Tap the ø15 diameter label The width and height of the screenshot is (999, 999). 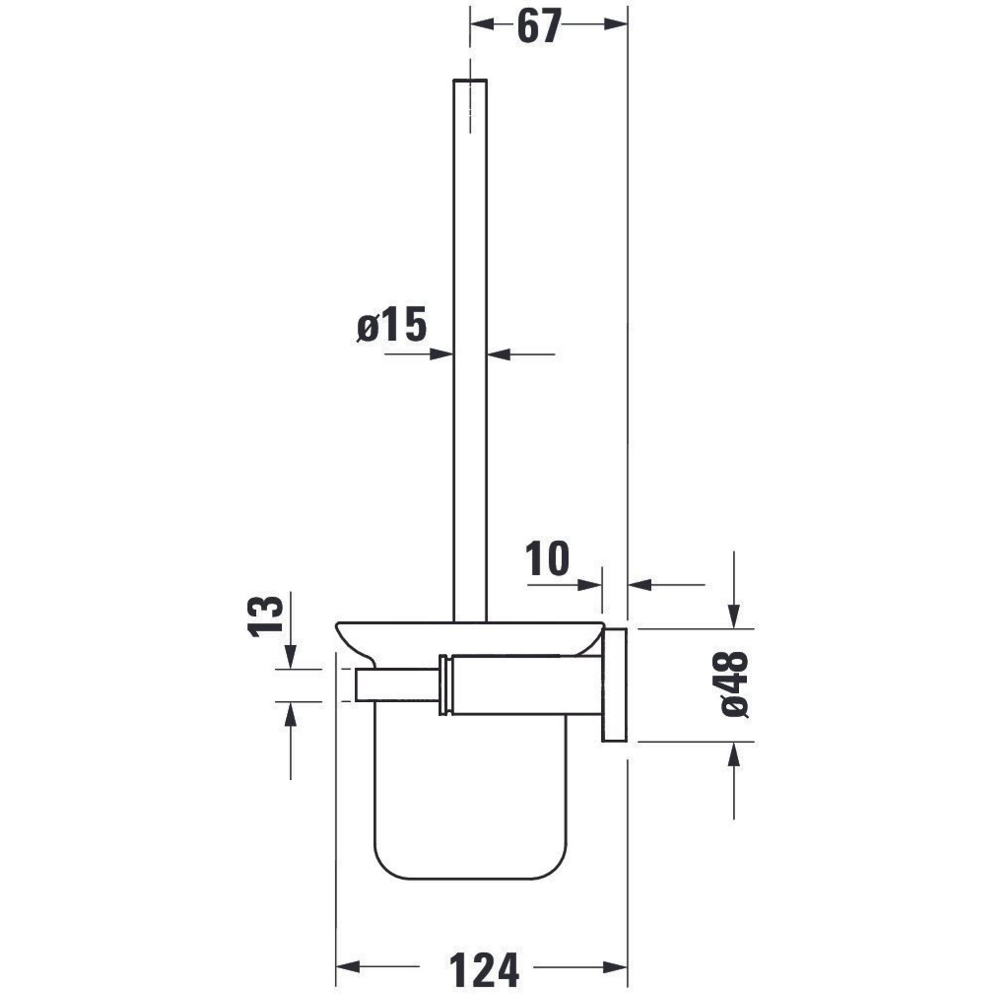392,325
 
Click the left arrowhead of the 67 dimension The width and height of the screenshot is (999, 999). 482,24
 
